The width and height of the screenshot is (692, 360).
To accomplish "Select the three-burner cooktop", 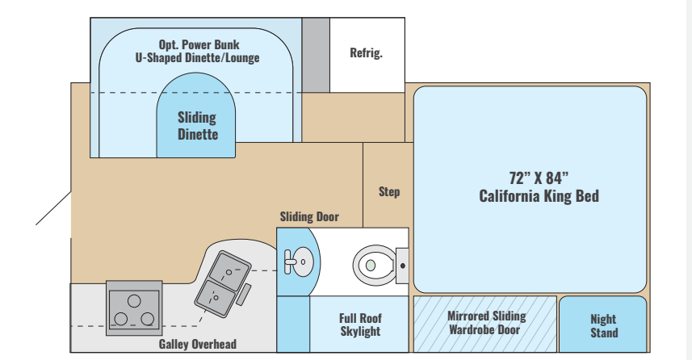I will click(x=132, y=307).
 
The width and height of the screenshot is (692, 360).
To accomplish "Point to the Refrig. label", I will click(x=366, y=54).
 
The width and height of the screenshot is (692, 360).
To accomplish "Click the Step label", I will click(x=389, y=192).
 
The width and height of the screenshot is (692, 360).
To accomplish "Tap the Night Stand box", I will click(x=603, y=326).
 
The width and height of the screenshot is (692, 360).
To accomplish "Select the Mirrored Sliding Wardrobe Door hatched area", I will click(x=485, y=323).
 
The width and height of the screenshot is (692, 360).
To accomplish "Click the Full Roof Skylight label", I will click(x=360, y=324).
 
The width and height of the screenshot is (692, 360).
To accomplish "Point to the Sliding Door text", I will click(x=309, y=216).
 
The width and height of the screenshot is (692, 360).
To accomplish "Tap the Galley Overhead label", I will click(x=198, y=344).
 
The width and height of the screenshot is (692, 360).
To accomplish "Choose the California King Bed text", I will click(x=539, y=196).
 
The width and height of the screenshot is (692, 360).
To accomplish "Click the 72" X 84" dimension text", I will click(x=539, y=178).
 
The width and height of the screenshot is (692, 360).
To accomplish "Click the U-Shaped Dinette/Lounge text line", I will click(x=198, y=58).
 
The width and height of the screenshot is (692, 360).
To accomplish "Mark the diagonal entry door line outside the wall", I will click(x=53, y=208).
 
